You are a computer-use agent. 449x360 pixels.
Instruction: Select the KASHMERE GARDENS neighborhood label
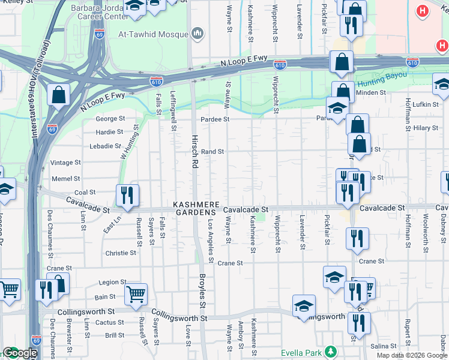[194, 208]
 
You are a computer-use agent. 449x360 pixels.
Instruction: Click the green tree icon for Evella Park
[330, 351]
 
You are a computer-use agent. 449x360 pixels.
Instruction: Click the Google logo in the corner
[19, 353]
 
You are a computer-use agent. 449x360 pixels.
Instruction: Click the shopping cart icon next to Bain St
[136, 293]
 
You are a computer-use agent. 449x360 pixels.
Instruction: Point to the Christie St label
[121, 253]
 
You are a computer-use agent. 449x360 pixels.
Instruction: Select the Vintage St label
[65, 163]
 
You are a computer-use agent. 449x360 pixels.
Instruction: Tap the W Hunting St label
[130, 142]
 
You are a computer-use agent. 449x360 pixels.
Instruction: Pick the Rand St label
[212, 152]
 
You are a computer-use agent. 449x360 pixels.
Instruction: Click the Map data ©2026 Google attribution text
[411, 355]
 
